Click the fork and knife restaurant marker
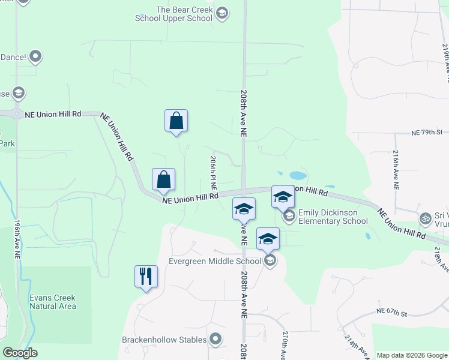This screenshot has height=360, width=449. (x=146, y=277)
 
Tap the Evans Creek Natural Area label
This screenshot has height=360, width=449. (x=53, y=302)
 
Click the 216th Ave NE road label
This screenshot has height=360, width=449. (x=396, y=170)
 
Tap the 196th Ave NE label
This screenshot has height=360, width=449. (x=17, y=239)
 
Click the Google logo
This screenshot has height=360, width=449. (x=20, y=353)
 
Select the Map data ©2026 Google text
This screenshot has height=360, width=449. (x=411, y=355)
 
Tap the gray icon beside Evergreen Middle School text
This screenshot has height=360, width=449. (x=270, y=260)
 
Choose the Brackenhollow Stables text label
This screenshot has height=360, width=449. (x=164, y=340)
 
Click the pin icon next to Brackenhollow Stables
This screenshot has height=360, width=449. (x=216, y=340)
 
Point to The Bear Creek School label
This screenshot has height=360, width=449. (x=184, y=14)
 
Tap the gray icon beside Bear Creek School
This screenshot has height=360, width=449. (x=222, y=14)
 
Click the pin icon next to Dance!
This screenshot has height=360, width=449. (x=35, y=57)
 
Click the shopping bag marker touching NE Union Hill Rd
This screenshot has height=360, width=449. (x=163, y=179)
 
